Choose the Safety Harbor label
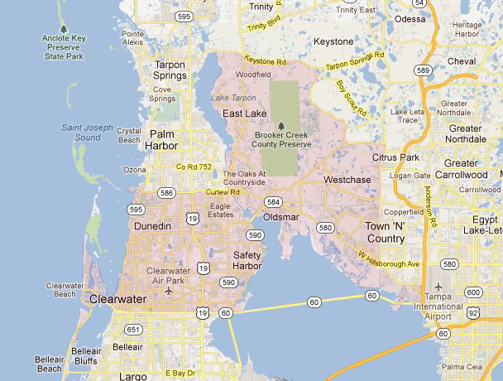247,260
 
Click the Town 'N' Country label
385,232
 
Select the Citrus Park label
397,157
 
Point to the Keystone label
333,41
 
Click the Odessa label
410,17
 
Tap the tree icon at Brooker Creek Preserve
281,124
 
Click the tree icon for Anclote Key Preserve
63,29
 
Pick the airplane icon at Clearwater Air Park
169,291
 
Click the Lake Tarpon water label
232,98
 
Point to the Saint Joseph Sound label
88,132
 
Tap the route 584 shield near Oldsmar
272,201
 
